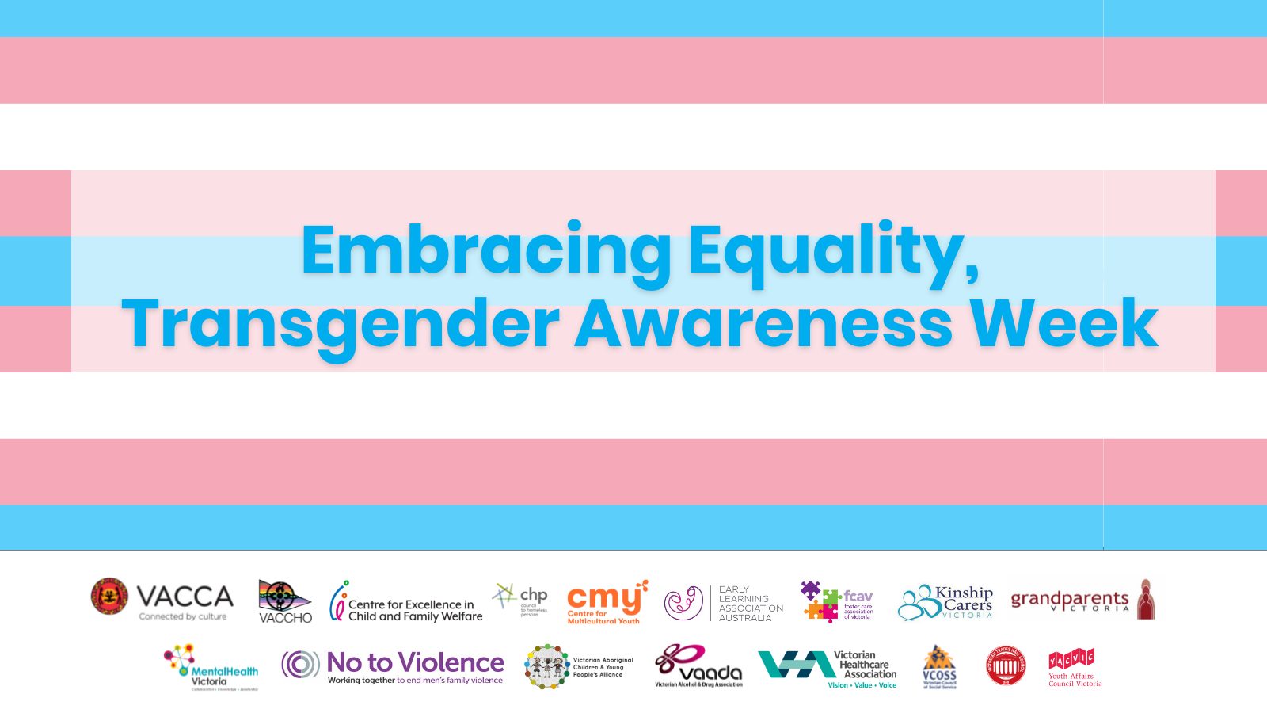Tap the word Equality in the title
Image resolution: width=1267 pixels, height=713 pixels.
pyautogui.click(x=833, y=250)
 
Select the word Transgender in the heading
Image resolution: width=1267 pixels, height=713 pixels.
pyautogui.click(x=341, y=323)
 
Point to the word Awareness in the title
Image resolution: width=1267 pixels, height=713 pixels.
pyautogui.click(x=763, y=323)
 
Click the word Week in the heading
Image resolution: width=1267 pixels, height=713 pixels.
pyautogui.click(x=1064, y=323)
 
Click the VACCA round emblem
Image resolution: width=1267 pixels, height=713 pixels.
pyautogui.click(x=109, y=597)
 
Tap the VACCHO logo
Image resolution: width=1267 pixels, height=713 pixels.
pyautogui.click(x=285, y=601)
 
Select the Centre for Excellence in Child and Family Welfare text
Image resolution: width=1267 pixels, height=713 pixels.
pyautogui.click(x=414, y=610)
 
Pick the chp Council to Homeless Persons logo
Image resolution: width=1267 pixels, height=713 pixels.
pyautogui.click(x=520, y=598)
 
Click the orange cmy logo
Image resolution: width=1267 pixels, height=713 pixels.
pyautogui.click(x=607, y=601)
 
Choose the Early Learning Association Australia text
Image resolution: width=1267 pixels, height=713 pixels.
pyautogui.click(x=750, y=604)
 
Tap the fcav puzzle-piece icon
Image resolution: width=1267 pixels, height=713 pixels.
pyautogui.click(x=819, y=601)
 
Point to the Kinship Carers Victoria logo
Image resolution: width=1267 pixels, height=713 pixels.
pyautogui.click(x=945, y=602)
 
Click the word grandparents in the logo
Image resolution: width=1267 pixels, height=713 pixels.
pyautogui.click(x=1069, y=599)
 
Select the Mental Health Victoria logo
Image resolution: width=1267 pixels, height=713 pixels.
pyautogui.click(x=211, y=667)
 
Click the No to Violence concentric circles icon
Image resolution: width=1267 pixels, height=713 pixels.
pyautogui.click(x=301, y=664)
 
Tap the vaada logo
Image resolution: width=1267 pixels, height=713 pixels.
pyautogui.click(x=698, y=666)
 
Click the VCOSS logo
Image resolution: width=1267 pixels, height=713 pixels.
pyautogui.click(x=939, y=667)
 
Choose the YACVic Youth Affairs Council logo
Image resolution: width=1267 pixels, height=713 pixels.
pyautogui.click(x=1074, y=668)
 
